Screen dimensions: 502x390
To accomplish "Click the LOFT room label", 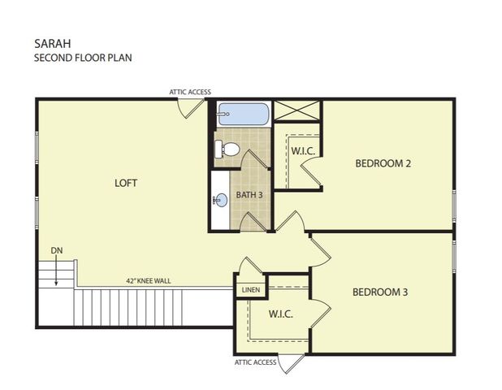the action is pyautogui.click(x=126, y=183).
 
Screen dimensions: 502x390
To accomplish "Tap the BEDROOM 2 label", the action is pyautogui.click(x=383, y=163).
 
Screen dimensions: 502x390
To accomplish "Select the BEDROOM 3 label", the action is pyautogui.click(x=380, y=292).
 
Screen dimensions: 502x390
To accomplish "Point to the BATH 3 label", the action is pyautogui.click(x=249, y=195).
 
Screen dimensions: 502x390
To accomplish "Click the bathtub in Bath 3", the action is pyautogui.click(x=243, y=114).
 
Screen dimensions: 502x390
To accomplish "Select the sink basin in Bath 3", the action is pyautogui.click(x=221, y=201).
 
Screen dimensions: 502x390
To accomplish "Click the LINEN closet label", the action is pyautogui.click(x=251, y=290).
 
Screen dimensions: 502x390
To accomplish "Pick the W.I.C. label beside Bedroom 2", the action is pyautogui.click(x=303, y=151).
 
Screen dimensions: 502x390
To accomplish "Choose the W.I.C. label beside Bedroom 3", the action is pyautogui.click(x=281, y=314).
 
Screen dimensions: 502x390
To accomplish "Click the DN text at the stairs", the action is pyautogui.click(x=57, y=250).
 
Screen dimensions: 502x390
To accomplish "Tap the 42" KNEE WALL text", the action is pyautogui.click(x=148, y=281).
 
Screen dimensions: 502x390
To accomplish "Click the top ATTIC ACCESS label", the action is pyautogui.click(x=190, y=92).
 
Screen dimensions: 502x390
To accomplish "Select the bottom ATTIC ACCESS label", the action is pyautogui.click(x=256, y=362).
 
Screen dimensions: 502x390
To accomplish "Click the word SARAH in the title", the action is pyautogui.click(x=53, y=44).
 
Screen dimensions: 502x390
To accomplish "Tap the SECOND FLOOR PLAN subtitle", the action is pyautogui.click(x=83, y=58).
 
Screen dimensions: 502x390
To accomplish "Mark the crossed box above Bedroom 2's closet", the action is pyautogui.click(x=297, y=110).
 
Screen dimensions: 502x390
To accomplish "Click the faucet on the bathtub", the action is pyautogui.click(x=223, y=114).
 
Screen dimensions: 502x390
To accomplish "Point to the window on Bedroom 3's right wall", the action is pyautogui.click(x=454, y=256).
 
